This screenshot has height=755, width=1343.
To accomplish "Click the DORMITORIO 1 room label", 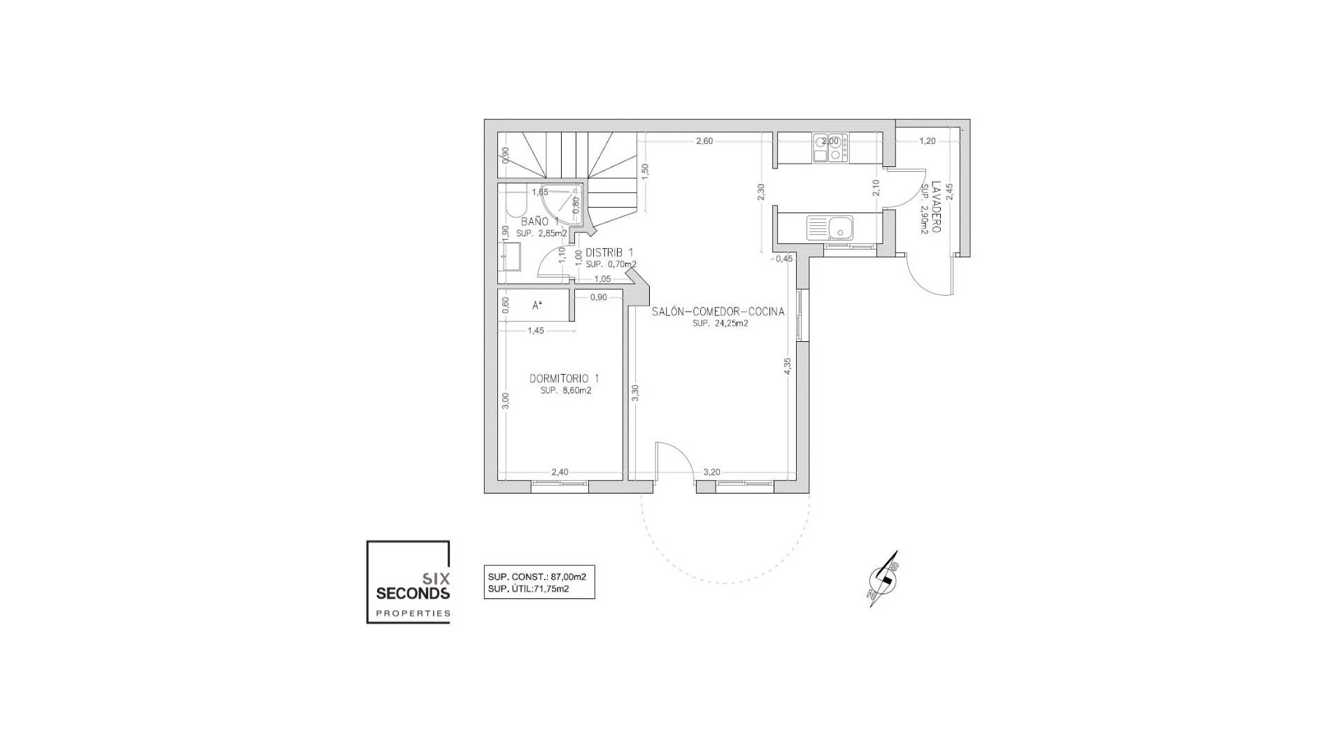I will [564, 378].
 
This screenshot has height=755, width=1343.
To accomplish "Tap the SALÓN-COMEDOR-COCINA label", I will [718, 312].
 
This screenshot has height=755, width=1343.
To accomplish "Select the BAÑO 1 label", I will [539, 222].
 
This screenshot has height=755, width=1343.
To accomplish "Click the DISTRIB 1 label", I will [609, 252].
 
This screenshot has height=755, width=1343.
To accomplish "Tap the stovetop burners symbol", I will [830, 148].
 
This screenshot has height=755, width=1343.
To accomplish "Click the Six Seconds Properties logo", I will [408, 582].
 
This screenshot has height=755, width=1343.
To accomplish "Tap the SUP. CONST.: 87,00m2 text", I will [537, 577].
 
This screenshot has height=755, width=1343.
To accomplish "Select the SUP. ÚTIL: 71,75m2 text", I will [528, 589].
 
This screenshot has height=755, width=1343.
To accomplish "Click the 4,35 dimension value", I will [788, 366].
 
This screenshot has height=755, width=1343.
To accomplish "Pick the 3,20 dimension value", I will [711, 472].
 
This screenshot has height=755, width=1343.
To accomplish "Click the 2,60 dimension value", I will [704, 141].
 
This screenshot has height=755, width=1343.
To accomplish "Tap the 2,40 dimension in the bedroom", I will [560, 472].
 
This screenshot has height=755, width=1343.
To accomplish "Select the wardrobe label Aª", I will [537, 305].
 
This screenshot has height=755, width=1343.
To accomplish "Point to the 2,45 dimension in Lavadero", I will [949, 192].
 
